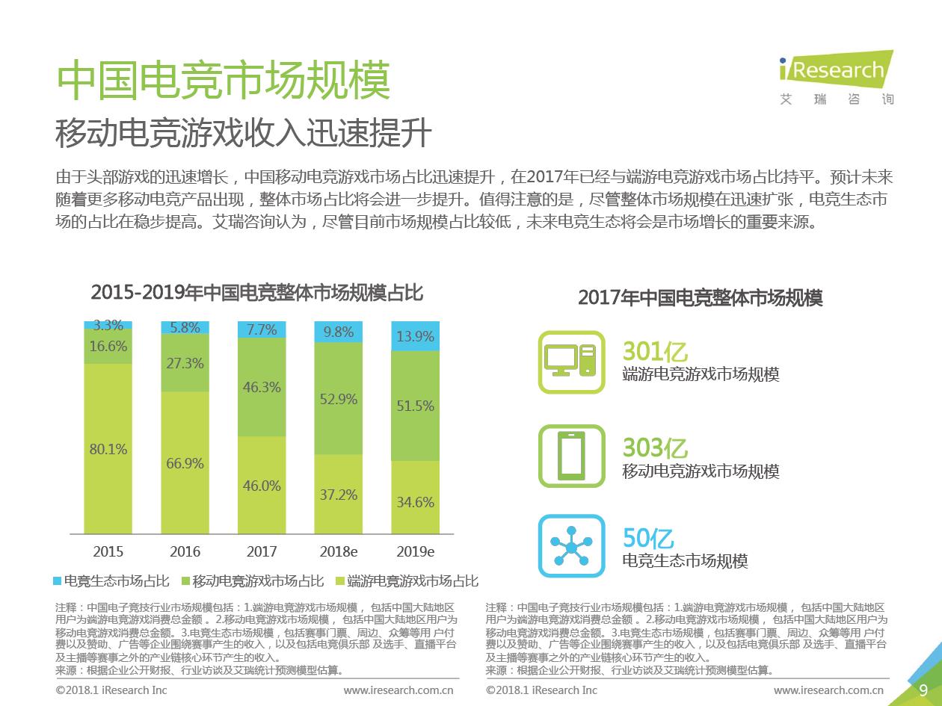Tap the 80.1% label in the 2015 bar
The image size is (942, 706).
pyautogui.click(x=108, y=450)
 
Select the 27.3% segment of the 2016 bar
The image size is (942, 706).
pyautogui.click(x=185, y=363)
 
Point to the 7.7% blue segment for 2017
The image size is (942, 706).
pyautogui.click(x=262, y=329)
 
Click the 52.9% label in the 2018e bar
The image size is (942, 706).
pyautogui.click(x=339, y=399)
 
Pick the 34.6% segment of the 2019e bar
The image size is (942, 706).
pyautogui.click(x=415, y=502)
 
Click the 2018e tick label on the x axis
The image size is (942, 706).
pyautogui.click(x=339, y=552)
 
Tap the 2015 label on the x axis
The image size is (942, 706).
pyautogui.click(x=108, y=552)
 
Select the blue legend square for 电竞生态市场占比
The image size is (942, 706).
pyautogui.click(x=58, y=581)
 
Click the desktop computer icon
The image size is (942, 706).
pyautogui.click(x=571, y=362)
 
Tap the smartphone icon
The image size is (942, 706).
pyautogui.click(x=571, y=456)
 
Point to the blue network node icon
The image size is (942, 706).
pyautogui.click(x=571, y=546)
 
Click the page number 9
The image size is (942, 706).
pyautogui.click(x=923, y=690)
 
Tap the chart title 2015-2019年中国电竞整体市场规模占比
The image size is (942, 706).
pyautogui.click(x=256, y=293)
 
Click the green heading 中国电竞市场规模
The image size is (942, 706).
pyautogui.click(x=224, y=80)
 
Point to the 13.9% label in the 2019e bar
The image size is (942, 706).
pyautogui.click(x=415, y=337)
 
